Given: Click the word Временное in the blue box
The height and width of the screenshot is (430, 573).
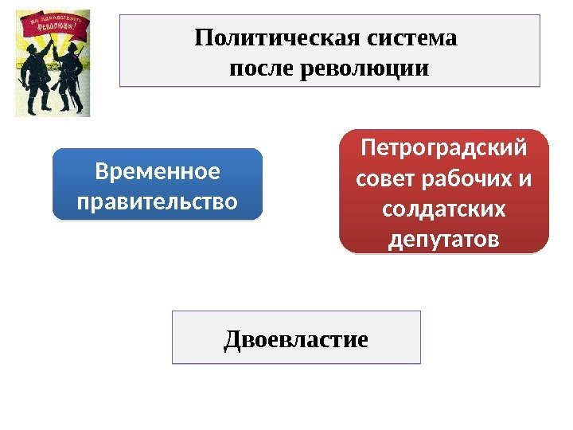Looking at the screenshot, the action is tap(157, 171).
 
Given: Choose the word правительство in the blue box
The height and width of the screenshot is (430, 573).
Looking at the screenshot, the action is tap(157, 201).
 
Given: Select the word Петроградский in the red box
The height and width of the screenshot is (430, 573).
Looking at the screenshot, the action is tap(444, 149).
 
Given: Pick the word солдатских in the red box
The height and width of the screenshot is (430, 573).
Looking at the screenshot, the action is tap(444, 209).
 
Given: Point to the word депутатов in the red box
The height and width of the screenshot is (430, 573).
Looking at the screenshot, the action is tap(444, 239).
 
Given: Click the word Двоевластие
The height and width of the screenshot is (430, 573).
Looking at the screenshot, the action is tap(296, 340).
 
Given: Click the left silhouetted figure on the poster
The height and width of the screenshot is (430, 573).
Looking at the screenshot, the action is tap(35, 80).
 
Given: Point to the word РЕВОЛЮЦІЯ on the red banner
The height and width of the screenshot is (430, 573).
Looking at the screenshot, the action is tap(60, 36).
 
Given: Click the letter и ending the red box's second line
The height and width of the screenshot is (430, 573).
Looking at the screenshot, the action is tap(524, 180).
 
